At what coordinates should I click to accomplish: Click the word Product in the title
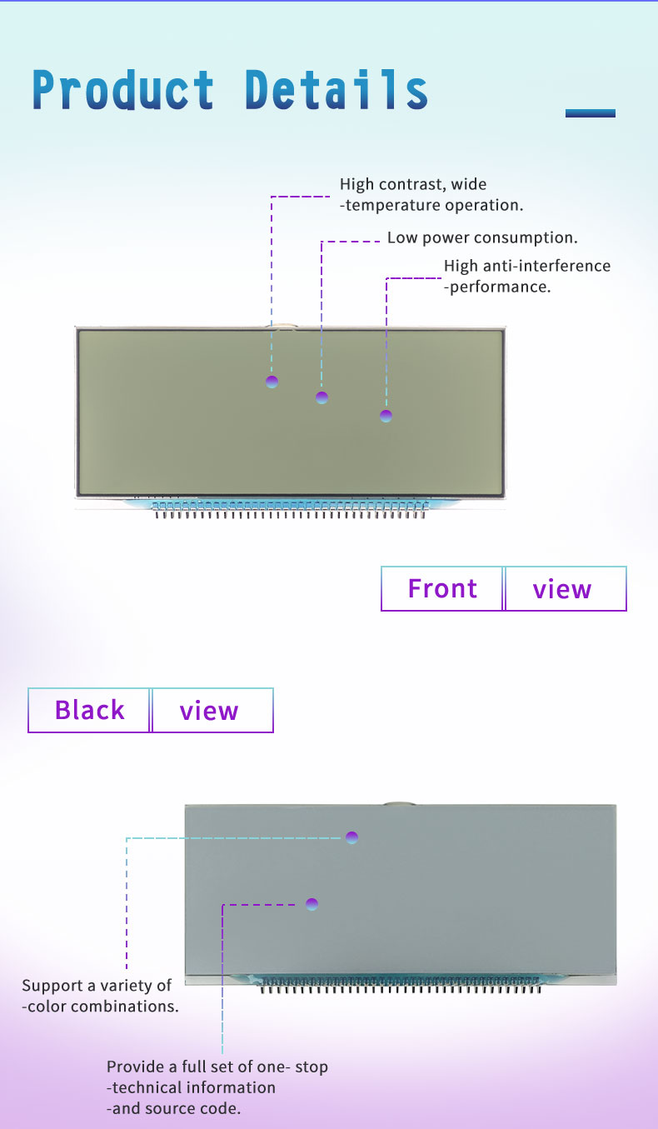pyautogui.click(x=123, y=90)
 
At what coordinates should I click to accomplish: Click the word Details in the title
pyautogui.click(x=336, y=90)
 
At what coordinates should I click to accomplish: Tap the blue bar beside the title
pyautogui.click(x=590, y=113)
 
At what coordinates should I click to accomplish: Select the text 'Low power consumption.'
pyautogui.click(x=482, y=237)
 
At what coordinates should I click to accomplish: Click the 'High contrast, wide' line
pyautogui.click(x=413, y=184)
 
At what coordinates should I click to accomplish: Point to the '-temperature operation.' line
pyautogui.click(x=431, y=205)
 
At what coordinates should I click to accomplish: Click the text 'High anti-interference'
pyautogui.click(x=527, y=266)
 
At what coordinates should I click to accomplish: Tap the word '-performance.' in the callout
pyautogui.click(x=497, y=287)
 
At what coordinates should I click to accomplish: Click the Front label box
pyautogui.click(x=441, y=589)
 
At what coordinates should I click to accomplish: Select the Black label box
pyautogui.click(x=89, y=710)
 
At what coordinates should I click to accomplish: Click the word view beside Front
pyautogui.click(x=561, y=589)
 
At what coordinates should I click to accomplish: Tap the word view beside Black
pyautogui.click(x=208, y=711)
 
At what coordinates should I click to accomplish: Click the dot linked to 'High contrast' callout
pyautogui.click(x=272, y=382)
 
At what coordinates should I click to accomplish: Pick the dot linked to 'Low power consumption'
pyautogui.click(x=322, y=397)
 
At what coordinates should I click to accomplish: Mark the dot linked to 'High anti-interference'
pyautogui.click(x=386, y=416)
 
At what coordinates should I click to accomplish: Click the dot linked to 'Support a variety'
pyautogui.click(x=351, y=837)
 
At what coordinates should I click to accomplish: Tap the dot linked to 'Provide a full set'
pyautogui.click(x=312, y=904)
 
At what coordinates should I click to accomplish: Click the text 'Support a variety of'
pyautogui.click(x=97, y=986)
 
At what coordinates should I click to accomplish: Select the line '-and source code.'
pyautogui.click(x=174, y=1108)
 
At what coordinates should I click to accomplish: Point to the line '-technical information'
pyautogui.click(x=191, y=1087)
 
